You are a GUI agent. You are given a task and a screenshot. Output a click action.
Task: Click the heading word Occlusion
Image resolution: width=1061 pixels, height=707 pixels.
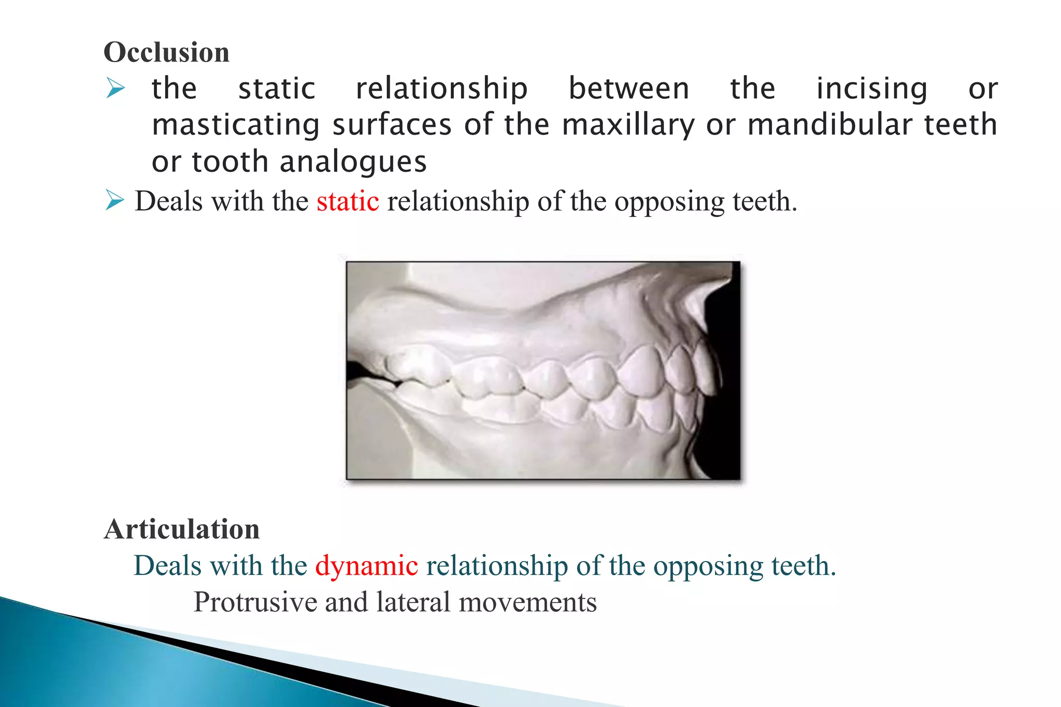166,53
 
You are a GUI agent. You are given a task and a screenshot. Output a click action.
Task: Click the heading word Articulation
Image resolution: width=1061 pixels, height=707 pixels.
182,529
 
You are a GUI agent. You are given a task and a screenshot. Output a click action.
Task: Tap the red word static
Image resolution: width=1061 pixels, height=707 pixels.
348,201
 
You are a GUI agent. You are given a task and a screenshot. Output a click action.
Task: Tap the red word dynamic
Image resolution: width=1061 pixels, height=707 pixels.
366,566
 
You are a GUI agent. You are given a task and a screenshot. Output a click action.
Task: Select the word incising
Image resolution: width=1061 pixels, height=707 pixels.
872,89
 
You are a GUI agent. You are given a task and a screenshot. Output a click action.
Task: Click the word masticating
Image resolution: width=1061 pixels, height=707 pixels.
236,126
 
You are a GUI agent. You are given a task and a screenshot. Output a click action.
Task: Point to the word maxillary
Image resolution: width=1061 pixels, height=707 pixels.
628,126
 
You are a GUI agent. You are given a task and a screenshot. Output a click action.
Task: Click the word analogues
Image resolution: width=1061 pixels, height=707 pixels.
353,162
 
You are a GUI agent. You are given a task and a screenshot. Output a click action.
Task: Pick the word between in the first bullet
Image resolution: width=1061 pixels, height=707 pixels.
629,89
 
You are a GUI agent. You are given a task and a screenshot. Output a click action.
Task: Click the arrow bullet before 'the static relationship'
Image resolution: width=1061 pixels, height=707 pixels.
115,88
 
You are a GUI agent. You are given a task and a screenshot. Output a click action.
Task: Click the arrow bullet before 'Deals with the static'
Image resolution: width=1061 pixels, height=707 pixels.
115,200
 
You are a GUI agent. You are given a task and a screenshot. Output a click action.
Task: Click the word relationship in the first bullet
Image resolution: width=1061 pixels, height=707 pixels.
441,89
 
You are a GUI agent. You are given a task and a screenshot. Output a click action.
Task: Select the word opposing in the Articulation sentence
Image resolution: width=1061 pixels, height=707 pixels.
708,566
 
